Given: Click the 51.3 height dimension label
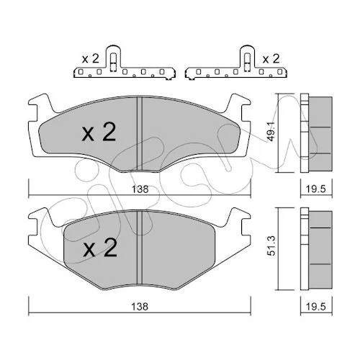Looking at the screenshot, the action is [x=271, y=246].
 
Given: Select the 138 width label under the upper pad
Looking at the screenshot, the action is [x=140, y=189].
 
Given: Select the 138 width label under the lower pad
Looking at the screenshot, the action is [x=140, y=307].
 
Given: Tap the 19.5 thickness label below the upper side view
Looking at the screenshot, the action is [x=316, y=189].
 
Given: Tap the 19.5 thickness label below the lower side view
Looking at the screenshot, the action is [x=316, y=307].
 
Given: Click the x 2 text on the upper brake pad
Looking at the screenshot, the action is [x=99, y=132].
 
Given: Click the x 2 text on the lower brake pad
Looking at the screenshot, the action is [x=100, y=248].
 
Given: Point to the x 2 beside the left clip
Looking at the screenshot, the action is [x=90, y=59].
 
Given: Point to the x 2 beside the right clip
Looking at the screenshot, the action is [x=271, y=59].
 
